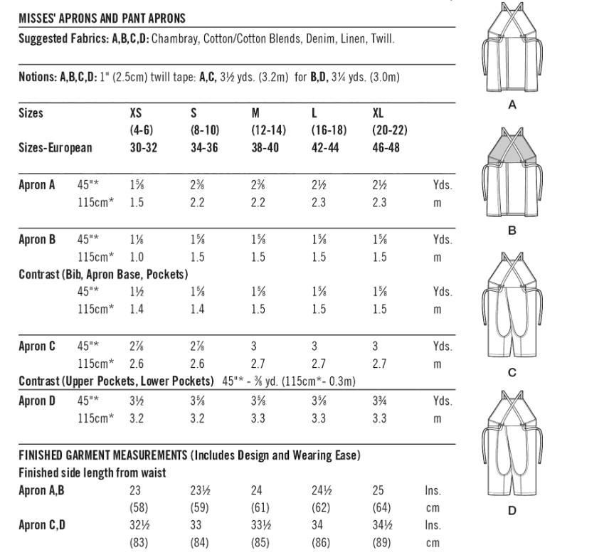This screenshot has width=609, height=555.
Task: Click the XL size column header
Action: coord(379,113)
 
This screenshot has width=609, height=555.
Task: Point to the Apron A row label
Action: coord(37,185)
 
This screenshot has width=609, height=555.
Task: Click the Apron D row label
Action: coord(37,401)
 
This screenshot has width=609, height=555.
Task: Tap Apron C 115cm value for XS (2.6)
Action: coord(137,364)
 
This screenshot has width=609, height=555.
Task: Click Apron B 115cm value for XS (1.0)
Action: coord(137,257)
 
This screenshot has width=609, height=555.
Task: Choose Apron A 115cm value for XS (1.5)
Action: coord(137,203)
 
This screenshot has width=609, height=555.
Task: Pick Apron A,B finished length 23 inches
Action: coord(135,490)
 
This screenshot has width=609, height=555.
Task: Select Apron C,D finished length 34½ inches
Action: coord(382,526)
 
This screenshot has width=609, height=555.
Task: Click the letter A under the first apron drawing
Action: coord(512,105)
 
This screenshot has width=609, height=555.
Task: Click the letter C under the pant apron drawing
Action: coord(512,373)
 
